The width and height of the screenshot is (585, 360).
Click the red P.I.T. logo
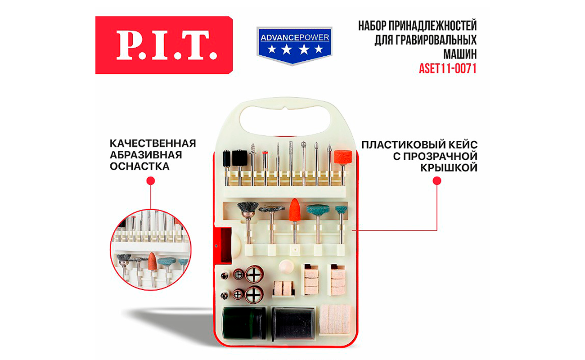pos(164,45)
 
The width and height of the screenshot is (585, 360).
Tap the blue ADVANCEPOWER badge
pos(294,45)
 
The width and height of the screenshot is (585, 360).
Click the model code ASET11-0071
pos(448,69)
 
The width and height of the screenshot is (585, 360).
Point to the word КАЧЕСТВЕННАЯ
pos(153,144)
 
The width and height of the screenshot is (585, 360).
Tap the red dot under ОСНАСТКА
pos(151,181)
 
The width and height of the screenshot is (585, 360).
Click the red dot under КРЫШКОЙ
pos(437,181)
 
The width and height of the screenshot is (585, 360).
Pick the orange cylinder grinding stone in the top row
pos(343,157)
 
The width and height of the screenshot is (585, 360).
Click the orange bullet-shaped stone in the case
pos(295,210)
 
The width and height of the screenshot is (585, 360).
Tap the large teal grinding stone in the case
pos(318,210)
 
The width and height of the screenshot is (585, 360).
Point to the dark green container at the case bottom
pos(243,324)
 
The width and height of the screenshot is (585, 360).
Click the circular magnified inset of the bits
pos(151,250)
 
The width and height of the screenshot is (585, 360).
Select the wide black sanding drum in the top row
pos(239,158)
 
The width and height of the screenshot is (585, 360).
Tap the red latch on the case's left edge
pos(226,245)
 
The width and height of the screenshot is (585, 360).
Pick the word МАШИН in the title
pos(460,54)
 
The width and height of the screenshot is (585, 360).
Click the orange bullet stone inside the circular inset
pos(152,261)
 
